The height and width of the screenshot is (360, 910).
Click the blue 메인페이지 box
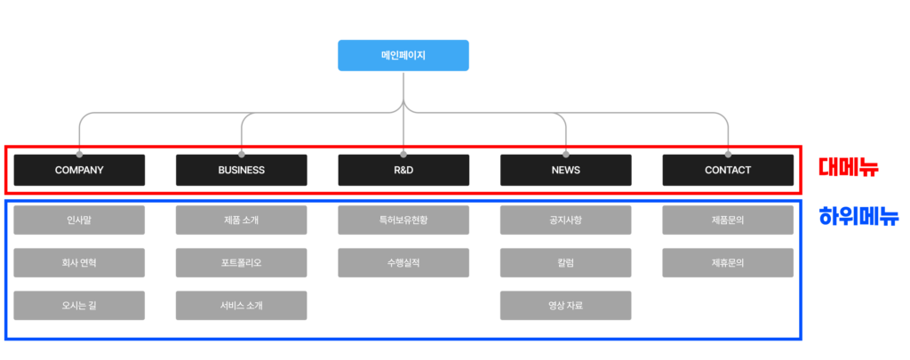403,55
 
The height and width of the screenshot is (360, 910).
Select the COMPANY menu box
79,170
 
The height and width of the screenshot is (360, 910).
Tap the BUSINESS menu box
241,170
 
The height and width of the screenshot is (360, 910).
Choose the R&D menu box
403,170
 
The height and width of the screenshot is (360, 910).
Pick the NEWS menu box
565,170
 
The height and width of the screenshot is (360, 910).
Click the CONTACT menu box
728,170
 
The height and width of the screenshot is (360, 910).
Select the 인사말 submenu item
79,220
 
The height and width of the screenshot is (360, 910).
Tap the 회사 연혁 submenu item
79,262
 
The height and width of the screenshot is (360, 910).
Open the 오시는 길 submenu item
79,305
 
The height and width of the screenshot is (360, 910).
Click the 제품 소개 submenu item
241,220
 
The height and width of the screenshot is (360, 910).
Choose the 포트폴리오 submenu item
241,262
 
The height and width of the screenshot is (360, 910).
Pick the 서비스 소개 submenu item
241,305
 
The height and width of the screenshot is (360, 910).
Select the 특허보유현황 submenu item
403,220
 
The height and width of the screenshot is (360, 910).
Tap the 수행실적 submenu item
403,262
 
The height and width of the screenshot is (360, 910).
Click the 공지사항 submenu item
565,220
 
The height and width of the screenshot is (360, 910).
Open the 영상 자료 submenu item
565,305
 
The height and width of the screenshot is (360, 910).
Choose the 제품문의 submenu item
728,220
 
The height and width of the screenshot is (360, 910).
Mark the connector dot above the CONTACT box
728,154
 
